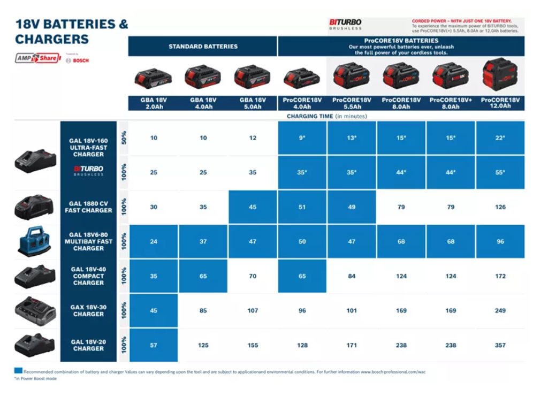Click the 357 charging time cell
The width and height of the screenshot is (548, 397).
[x=500, y=345]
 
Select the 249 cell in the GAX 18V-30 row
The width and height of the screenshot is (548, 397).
[x=500, y=310]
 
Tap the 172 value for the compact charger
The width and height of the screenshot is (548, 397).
[x=500, y=276]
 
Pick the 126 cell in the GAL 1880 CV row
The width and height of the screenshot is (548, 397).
[x=500, y=207]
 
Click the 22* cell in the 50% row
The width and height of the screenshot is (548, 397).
[x=500, y=138]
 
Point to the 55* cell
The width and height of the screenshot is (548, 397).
[x=500, y=172]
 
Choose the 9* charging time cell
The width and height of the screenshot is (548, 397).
[x=302, y=138]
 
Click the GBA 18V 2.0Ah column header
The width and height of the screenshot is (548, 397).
[x=154, y=103]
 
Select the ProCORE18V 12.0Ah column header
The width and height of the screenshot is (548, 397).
[x=500, y=103]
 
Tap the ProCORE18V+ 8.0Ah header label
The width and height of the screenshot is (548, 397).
[x=451, y=103]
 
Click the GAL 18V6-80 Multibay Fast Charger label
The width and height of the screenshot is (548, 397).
[x=88, y=241]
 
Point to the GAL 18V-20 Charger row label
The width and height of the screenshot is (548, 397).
[x=88, y=345]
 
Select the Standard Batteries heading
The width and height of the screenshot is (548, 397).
[x=203, y=47]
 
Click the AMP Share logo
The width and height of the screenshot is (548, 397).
[x=37, y=58]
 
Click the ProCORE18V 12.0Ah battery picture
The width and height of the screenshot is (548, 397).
[x=500, y=75]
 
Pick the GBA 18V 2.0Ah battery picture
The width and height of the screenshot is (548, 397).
[x=154, y=79]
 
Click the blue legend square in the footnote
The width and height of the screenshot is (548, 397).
[x=18, y=370]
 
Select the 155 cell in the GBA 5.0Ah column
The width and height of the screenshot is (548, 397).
[x=253, y=345]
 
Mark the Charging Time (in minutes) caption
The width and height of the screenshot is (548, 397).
[x=326, y=116]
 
